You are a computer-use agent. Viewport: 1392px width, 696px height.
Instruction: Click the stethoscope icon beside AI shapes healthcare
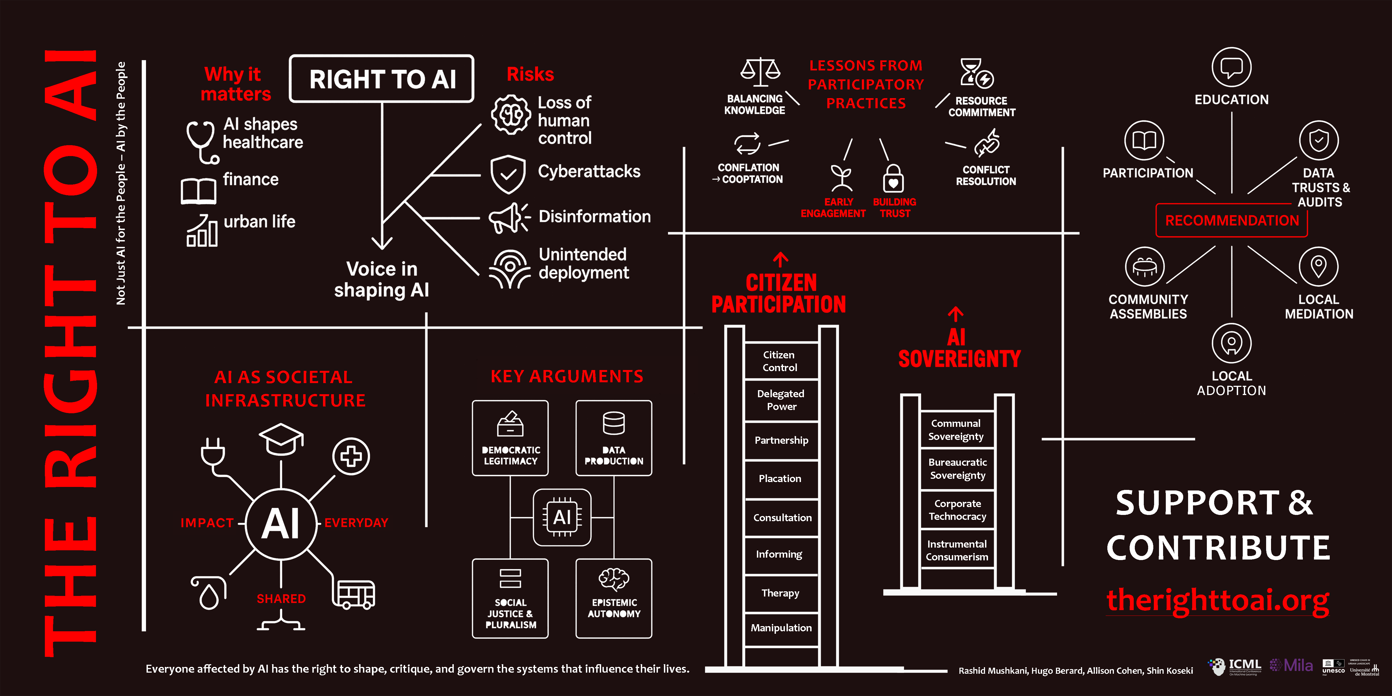[201, 142]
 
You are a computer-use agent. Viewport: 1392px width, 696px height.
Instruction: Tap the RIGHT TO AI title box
[381, 79]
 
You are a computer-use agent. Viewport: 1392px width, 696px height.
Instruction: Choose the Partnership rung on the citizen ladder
[781, 440]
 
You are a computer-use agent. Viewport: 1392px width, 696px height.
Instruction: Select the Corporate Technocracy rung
[957, 509]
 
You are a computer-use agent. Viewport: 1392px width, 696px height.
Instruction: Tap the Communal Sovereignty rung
[956, 430]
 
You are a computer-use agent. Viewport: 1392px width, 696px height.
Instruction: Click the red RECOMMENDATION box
[1232, 220]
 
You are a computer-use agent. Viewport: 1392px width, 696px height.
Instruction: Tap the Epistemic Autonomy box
[614, 598]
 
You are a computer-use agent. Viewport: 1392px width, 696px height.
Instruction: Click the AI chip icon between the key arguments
[562, 517]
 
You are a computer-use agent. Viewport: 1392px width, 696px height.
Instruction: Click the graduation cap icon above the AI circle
[281, 439]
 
